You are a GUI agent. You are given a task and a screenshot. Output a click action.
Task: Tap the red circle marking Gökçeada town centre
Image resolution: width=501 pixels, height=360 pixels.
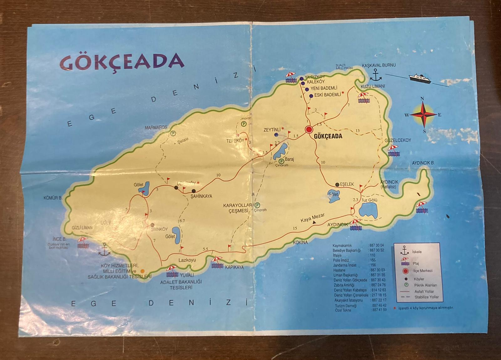point(309,130)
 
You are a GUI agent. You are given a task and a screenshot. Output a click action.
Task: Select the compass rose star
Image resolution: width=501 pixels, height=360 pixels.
point(422,115)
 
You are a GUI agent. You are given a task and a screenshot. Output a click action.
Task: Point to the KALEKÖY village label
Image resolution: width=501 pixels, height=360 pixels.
point(316,82)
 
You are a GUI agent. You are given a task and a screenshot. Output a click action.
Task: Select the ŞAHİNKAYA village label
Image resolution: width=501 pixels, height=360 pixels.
point(201,196)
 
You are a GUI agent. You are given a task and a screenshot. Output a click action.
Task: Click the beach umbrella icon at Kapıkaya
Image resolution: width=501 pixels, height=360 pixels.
point(217,262)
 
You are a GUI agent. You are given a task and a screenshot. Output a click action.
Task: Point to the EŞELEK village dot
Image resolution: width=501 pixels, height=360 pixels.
point(337,184)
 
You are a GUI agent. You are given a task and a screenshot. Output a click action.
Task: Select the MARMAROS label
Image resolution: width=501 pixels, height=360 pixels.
point(156,128)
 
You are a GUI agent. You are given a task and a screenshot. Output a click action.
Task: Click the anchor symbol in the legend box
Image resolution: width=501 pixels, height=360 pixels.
point(405,250)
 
